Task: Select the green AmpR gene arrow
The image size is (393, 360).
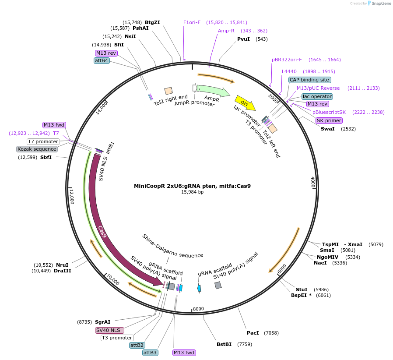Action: pos(213,91)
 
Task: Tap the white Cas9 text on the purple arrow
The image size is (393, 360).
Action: pos(102,231)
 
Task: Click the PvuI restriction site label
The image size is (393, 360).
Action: pos(243,39)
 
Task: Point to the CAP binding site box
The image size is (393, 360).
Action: pos(309,80)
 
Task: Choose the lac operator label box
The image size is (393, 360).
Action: pos(317,96)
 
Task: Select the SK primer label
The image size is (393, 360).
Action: pos(329,120)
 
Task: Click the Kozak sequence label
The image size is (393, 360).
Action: pos(37,149)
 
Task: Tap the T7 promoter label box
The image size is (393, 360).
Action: pos(43,141)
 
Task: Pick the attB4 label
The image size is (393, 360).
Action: pos(101,61)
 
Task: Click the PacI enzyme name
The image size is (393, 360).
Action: pos(253,333)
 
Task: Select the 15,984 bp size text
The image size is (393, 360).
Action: pos(192,192)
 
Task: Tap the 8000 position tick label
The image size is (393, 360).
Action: pos(198,309)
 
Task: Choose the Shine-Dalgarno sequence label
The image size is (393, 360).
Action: pos(172,246)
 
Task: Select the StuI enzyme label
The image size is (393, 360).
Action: pos(302,289)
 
